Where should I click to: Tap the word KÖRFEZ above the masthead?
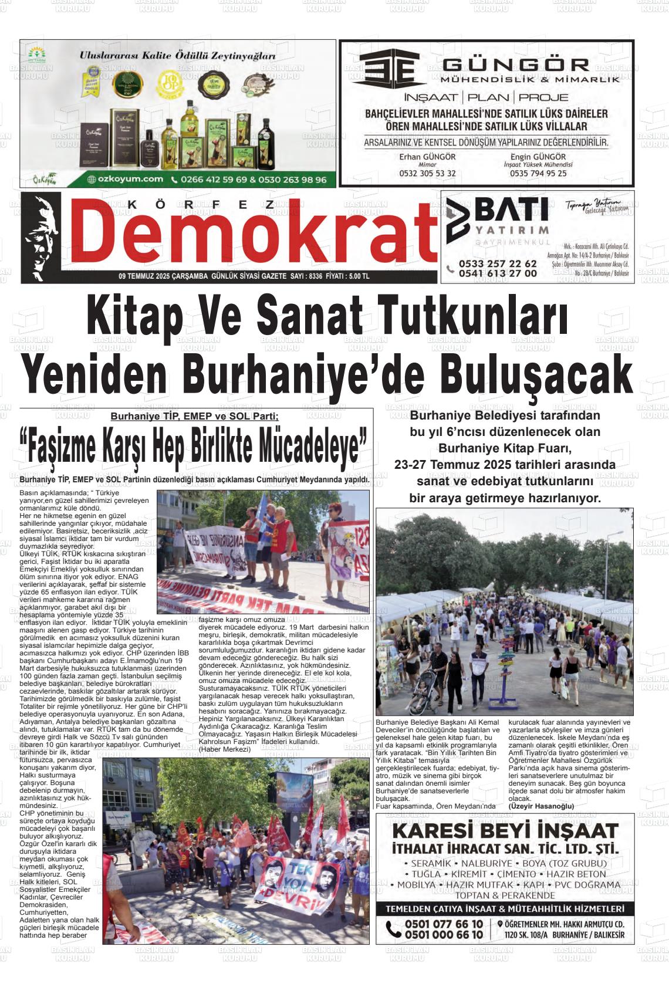[x=200, y=205]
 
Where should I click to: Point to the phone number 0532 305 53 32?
[x=427, y=174]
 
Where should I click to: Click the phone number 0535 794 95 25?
[x=538, y=174]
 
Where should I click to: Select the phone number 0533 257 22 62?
[x=498, y=264]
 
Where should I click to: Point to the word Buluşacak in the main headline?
[x=538, y=373]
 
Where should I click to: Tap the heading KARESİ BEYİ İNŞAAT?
[x=504, y=831]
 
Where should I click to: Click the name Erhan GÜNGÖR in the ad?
[x=427, y=157]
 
